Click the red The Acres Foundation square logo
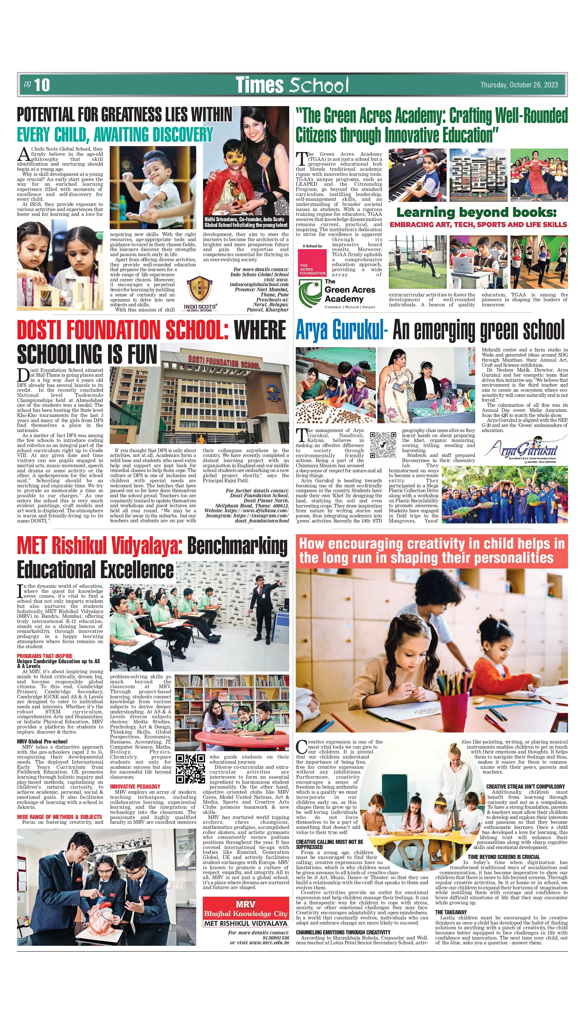(312, 262)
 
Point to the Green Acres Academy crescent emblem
(309, 293)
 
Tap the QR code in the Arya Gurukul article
(383, 445)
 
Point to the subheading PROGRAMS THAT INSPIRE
(45, 656)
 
